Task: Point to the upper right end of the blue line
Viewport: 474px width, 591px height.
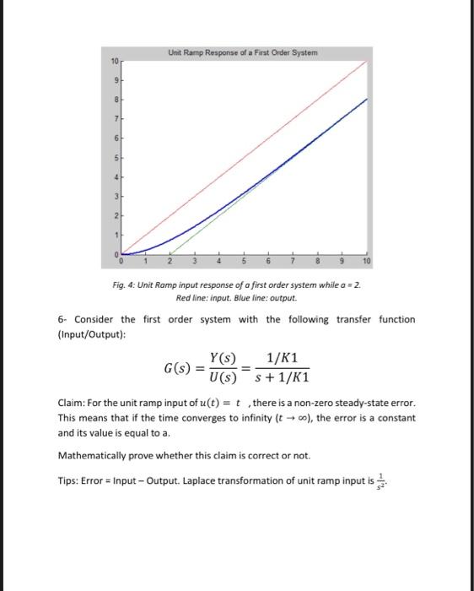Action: click(x=368, y=100)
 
